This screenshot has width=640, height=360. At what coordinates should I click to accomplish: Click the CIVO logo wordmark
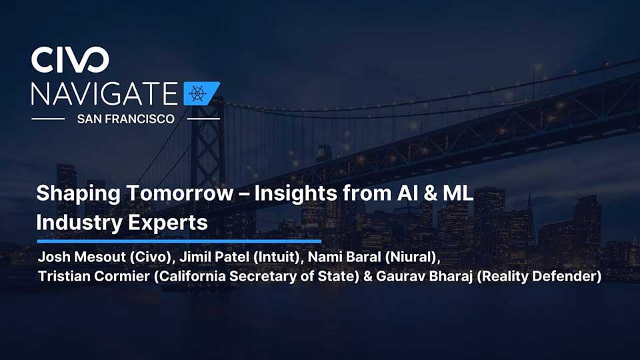(x=70, y=59)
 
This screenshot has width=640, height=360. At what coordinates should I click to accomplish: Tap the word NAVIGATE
(x=105, y=94)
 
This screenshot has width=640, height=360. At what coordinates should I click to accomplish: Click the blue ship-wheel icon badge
(x=201, y=93)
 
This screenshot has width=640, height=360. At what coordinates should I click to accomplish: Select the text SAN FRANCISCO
(x=126, y=119)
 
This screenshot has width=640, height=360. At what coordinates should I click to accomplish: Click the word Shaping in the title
(x=78, y=194)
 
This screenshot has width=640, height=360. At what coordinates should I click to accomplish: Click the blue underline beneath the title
(x=179, y=241)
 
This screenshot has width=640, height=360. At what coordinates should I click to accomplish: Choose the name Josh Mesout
(x=81, y=257)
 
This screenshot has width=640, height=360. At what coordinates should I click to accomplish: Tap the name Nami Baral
(x=344, y=257)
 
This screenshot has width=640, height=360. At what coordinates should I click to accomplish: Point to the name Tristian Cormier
(x=94, y=276)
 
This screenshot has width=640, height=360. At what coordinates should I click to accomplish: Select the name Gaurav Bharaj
(x=424, y=276)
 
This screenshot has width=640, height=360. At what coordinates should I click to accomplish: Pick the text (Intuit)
(x=279, y=257)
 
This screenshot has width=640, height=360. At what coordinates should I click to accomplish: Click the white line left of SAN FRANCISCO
(x=48, y=119)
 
